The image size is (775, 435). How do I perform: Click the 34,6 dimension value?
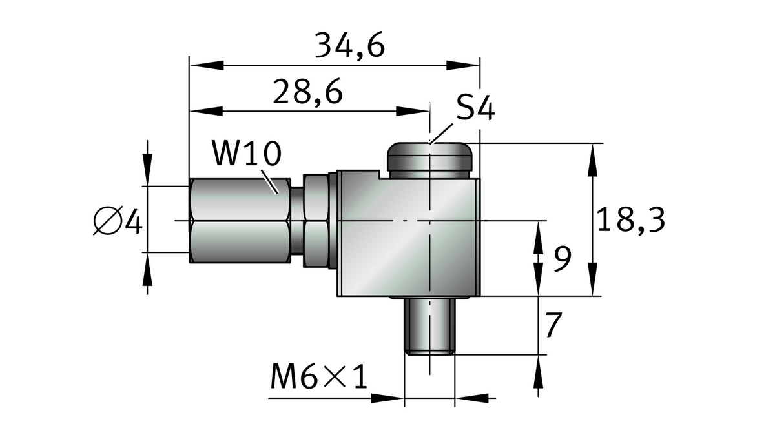349,46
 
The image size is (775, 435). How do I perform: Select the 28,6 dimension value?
307,92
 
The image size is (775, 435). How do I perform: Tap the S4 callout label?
475,108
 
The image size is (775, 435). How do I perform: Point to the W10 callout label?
246,155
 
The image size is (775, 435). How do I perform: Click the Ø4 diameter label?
118,222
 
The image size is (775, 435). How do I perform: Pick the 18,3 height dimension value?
630,220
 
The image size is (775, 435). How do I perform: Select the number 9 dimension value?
563,259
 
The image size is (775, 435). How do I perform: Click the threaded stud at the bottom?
429,326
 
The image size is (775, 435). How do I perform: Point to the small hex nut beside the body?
316,221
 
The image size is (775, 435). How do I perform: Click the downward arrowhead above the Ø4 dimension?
148,171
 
